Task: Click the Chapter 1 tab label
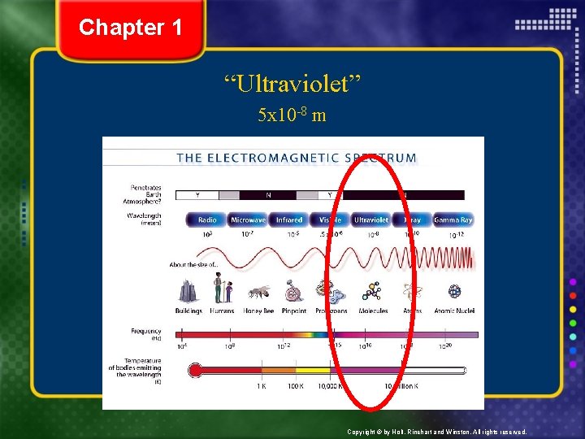point(131,28)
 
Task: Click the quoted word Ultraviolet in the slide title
point(292,82)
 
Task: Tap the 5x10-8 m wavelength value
point(292,115)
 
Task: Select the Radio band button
point(207,219)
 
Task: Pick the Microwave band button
point(248,219)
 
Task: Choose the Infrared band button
point(288,219)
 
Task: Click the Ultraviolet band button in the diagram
point(370,219)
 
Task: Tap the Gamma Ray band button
point(453,219)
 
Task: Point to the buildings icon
point(188,291)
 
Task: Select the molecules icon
point(373,291)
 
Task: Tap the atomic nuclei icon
point(454,291)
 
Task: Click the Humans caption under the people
point(221,311)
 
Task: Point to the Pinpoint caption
point(294,311)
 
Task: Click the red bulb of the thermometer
point(195,371)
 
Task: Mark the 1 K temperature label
point(261,385)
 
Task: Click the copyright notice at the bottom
point(436,432)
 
